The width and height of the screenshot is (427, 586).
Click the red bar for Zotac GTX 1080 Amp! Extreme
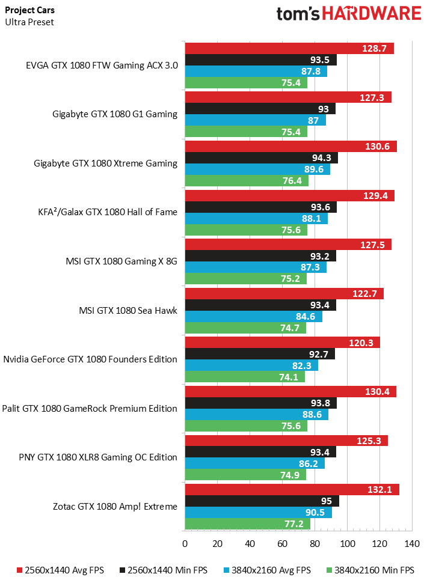click(x=292, y=489)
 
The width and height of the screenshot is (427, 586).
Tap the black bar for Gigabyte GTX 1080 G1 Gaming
click(x=260, y=109)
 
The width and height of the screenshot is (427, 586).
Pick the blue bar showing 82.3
click(x=251, y=365)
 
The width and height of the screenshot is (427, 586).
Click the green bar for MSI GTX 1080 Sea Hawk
click(x=245, y=328)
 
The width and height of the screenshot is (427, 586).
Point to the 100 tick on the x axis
click(x=347, y=544)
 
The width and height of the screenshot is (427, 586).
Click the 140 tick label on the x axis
click(x=412, y=544)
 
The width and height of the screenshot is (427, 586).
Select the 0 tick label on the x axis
click(x=185, y=544)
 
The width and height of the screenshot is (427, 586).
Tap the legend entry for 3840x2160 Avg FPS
click(x=268, y=570)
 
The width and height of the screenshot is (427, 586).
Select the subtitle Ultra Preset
click(x=29, y=22)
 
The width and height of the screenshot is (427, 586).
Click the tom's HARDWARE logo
click(x=348, y=14)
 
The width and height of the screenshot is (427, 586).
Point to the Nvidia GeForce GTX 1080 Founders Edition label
click(x=90, y=359)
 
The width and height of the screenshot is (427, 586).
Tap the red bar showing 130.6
click(x=290, y=147)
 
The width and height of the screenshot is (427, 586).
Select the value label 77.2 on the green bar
click(x=295, y=523)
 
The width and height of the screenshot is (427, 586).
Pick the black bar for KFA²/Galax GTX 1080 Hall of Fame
click(x=260, y=207)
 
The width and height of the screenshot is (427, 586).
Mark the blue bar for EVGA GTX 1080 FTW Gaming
click(x=256, y=71)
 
